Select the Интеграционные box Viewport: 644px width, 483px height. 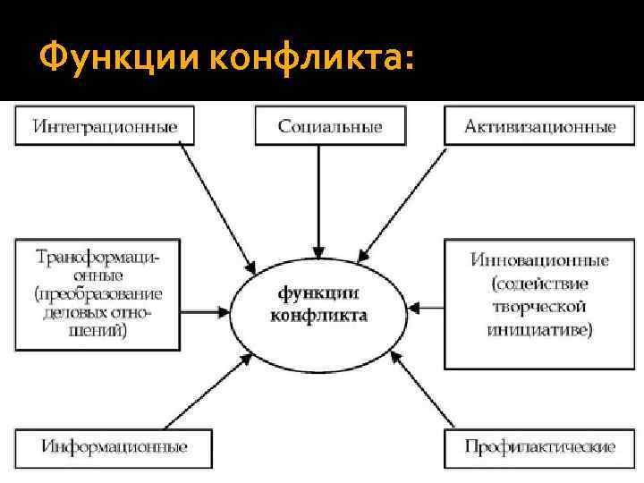pos(105,126)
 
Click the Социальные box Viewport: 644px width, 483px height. pos(329,126)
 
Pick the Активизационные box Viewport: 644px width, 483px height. pos(539,126)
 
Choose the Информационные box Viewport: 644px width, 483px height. pos(114,446)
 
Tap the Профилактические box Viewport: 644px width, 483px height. pos(539,446)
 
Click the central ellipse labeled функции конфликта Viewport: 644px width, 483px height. pos(318,305)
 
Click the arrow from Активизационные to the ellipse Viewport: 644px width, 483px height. pos(407,203)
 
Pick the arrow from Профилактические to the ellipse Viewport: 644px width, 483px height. pos(427,396)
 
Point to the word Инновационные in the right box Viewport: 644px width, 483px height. pos(539,260)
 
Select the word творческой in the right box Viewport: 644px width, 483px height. pos(539,307)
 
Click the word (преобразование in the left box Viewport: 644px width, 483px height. pos(99,293)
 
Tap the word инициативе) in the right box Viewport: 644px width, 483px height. pos(539,330)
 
